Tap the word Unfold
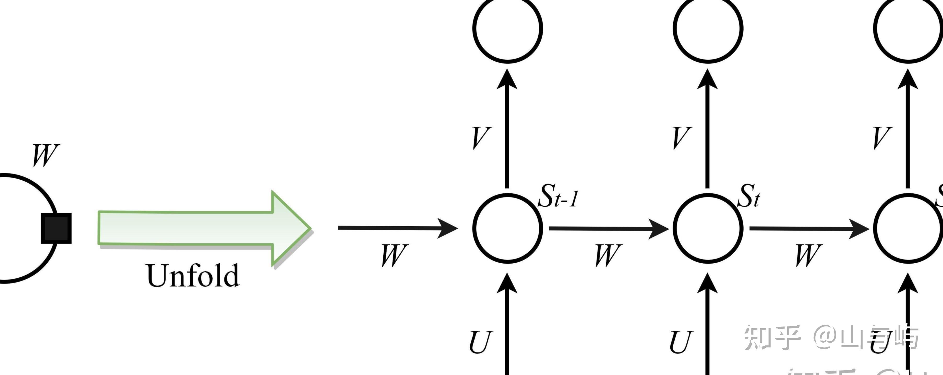click(x=193, y=276)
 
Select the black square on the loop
click(x=56, y=228)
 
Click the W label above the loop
click(x=45, y=155)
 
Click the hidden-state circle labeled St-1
click(x=507, y=228)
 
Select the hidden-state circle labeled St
click(x=708, y=228)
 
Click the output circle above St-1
click(x=507, y=28)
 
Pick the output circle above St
click(x=708, y=28)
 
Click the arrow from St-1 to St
click(x=608, y=229)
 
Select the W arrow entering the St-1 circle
click(x=397, y=228)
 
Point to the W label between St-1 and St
click(x=608, y=255)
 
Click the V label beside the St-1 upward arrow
click(x=481, y=138)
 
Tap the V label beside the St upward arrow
click(x=682, y=138)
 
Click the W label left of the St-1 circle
click(x=394, y=255)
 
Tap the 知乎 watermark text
click(x=772, y=337)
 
